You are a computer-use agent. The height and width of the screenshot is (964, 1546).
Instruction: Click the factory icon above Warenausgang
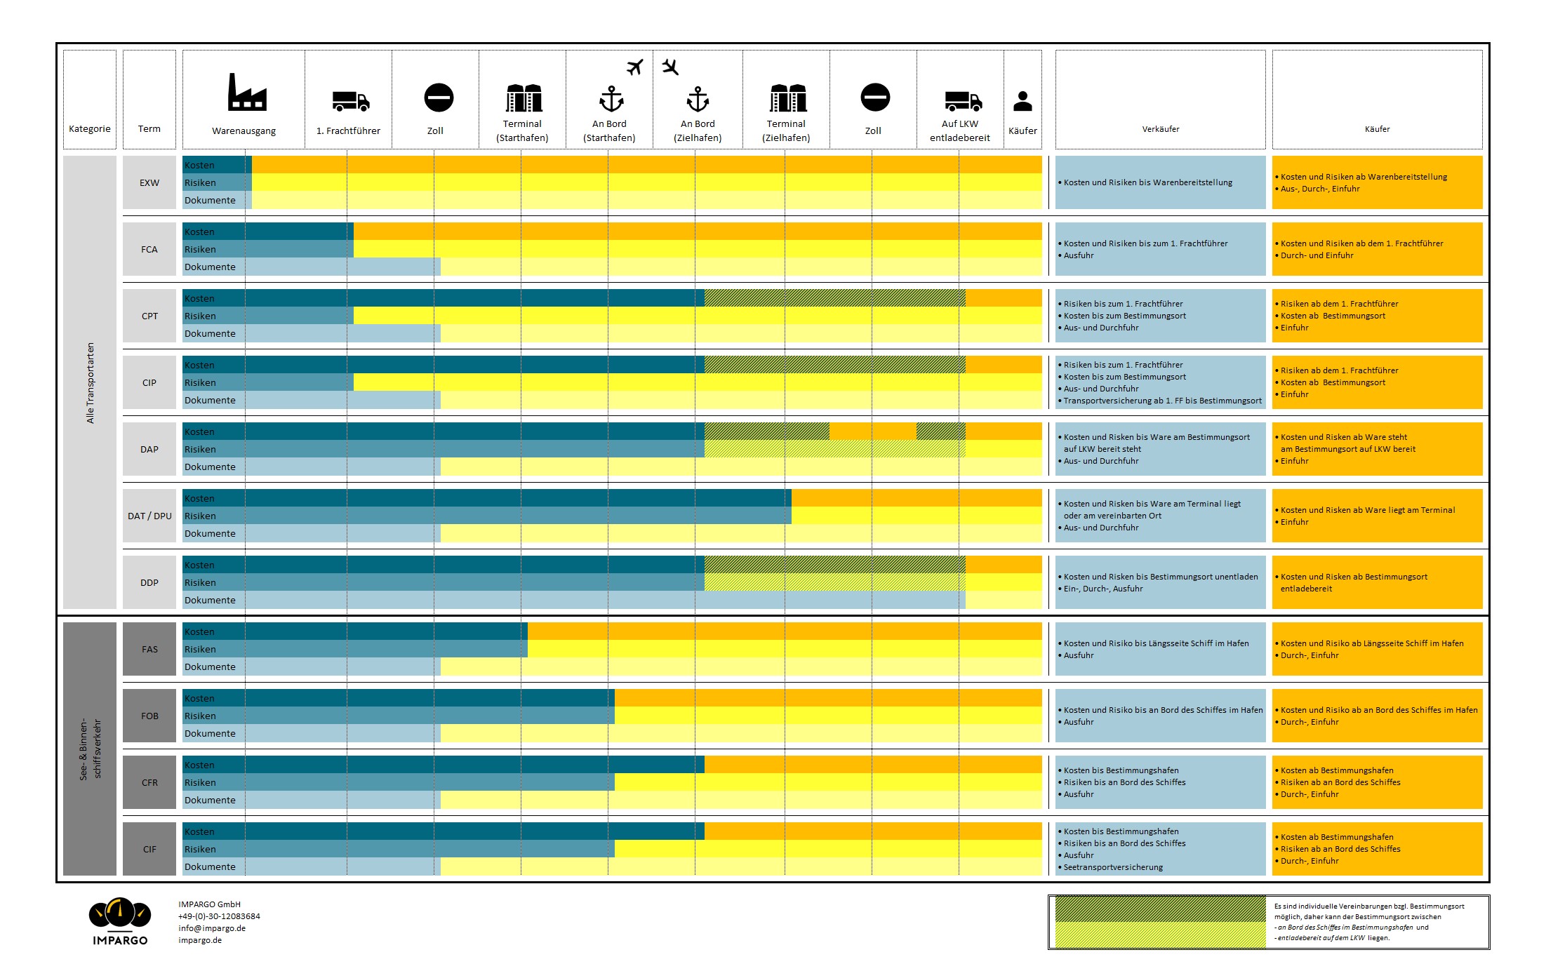point(246,93)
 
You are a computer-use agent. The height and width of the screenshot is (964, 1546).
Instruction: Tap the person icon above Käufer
point(1022,101)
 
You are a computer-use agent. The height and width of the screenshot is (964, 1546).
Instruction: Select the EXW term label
point(149,183)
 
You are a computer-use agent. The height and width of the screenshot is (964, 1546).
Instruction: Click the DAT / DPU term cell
point(149,516)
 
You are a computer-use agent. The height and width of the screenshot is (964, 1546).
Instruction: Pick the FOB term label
point(149,716)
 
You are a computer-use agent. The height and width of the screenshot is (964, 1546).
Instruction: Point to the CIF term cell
point(149,849)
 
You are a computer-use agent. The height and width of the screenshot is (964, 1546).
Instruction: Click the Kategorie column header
point(90,129)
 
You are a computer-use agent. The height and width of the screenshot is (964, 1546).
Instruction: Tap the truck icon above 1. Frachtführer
point(350,101)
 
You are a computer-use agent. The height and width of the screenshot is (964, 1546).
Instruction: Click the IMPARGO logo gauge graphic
point(120,913)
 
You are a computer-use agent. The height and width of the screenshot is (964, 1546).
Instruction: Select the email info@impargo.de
point(212,928)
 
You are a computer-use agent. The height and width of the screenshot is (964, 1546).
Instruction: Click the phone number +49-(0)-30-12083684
point(219,916)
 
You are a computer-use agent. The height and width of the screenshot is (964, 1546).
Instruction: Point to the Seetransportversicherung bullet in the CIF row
point(1113,867)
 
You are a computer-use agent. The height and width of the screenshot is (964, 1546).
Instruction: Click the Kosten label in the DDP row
point(199,565)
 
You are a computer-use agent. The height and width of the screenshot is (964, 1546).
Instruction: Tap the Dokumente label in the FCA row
point(210,267)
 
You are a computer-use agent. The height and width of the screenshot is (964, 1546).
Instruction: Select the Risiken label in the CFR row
point(200,783)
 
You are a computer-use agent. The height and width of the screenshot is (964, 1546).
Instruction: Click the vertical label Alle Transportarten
point(90,382)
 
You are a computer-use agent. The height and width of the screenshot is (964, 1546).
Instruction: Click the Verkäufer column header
point(1161,129)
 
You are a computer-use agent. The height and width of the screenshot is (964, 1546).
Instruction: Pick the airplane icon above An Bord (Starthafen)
point(635,67)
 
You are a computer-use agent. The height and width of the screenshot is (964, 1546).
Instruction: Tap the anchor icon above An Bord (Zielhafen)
point(698,100)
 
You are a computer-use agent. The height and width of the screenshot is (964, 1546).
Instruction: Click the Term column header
point(149,129)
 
